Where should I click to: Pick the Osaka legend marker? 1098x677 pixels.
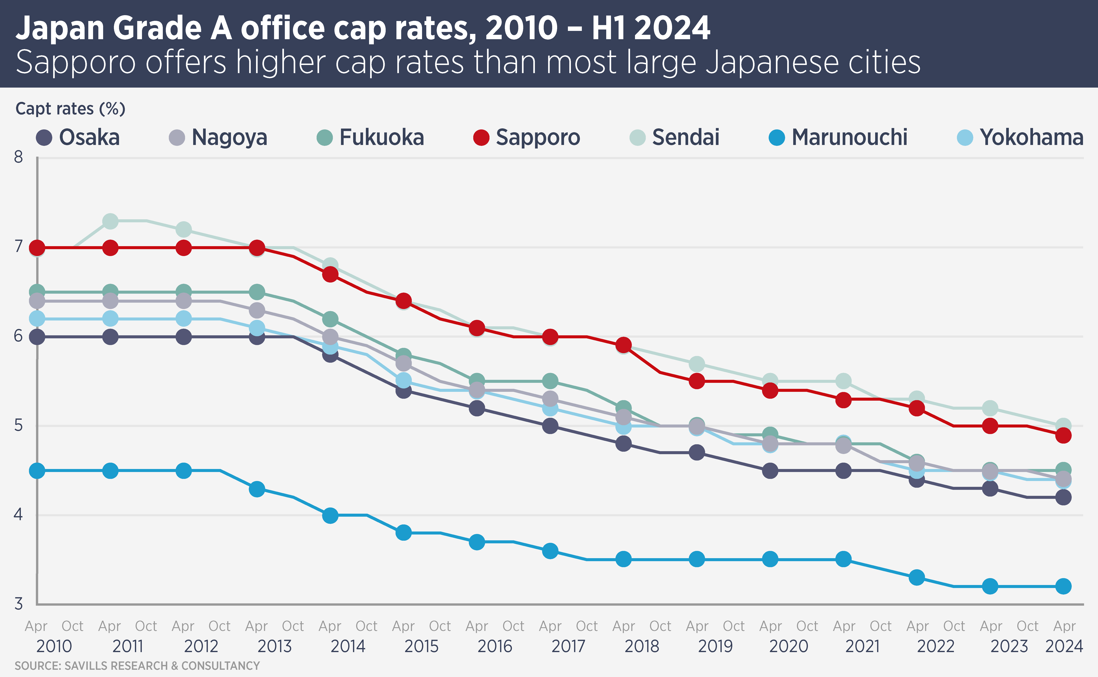click(x=44, y=137)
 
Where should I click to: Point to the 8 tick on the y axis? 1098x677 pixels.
click(x=18, y=157)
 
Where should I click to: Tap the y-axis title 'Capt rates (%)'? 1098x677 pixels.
click(x=70, y=109)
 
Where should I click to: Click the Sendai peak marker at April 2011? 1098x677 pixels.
click(x=110, y=221)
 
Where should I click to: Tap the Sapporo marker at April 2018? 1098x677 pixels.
click(x=623, y=345)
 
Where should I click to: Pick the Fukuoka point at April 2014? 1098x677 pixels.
click(x=330, y=319)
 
